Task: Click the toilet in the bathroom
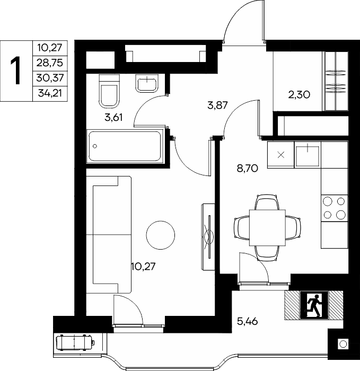click(109, 91)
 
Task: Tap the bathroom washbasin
click(147, 83)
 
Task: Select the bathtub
click(125, 146)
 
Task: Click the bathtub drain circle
click(95, 146)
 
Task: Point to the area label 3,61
click(113, 117)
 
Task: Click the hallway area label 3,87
click(217, 105)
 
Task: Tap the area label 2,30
click(299, 95)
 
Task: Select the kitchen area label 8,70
click(248, 169)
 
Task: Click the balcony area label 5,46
click(248, 322)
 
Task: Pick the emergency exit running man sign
click(314, 305)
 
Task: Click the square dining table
click(267, 227)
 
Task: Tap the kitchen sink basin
click(308, 155)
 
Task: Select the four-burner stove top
click(335, 208)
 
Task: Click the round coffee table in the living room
click(161, 235)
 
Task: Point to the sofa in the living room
click(109, 235)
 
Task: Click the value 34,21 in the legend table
click(50, 93)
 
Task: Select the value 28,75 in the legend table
click(50, 63)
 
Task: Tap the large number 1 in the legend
click(16, 70)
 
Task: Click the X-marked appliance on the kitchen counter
click(280, 155)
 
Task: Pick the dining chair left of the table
click(242, 227)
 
